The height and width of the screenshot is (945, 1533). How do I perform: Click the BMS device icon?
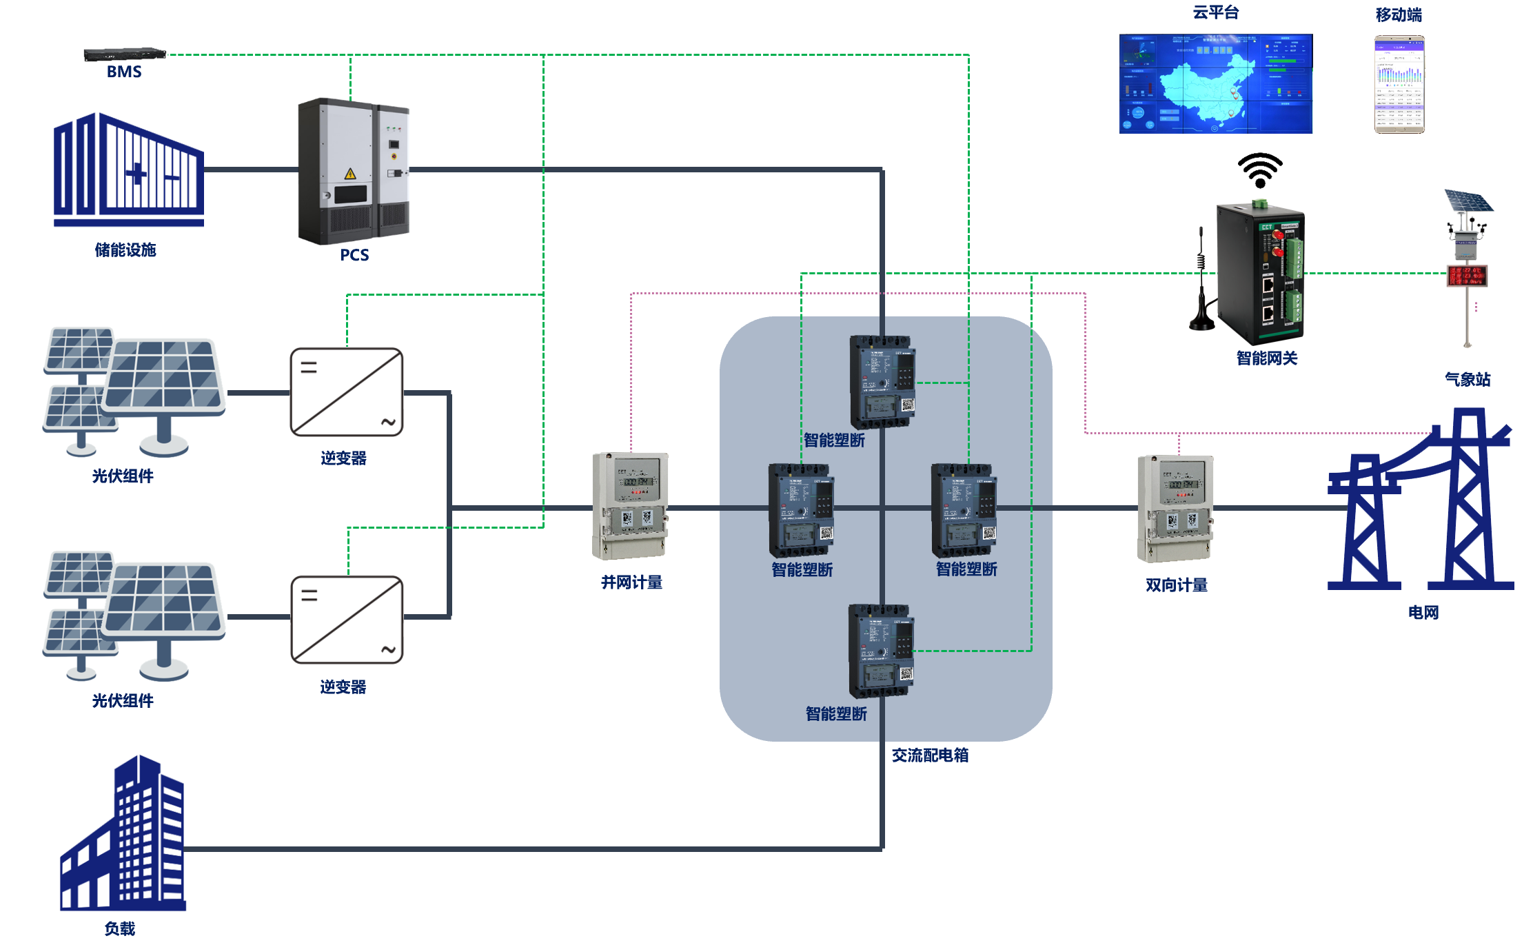(x=125, y=54)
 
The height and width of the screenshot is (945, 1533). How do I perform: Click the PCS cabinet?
(x=354, y=172)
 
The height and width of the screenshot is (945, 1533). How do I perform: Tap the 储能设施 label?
(x=125, y=250)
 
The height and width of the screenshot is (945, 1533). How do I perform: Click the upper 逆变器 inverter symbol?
(x=347, y=392)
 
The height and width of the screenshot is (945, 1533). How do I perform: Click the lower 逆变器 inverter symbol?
(x=347, y=620)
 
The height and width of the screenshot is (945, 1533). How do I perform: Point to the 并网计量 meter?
(x=630, y=506)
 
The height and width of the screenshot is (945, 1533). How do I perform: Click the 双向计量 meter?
(x=1175, y=509)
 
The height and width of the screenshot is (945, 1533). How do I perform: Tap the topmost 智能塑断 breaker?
(x=882, y=382)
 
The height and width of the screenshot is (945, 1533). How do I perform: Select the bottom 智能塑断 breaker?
(x=881, y=651)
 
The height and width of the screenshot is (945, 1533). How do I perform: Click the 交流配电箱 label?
(x=930, y=755)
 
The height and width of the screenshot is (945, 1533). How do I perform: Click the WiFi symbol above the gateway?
(x=1260, y=170)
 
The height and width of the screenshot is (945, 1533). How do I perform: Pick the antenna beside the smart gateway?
(x=1201, y=283)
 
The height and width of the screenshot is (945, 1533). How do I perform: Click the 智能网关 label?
(x=1266, y=358)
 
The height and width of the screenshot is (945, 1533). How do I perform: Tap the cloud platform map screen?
(x=1215, y=83)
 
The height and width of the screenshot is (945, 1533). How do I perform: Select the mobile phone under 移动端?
(x=1399, y=84)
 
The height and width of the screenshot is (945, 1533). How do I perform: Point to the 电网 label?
(x=1423, y=612)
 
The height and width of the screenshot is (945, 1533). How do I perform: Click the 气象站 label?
(x=1468, y=379)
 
